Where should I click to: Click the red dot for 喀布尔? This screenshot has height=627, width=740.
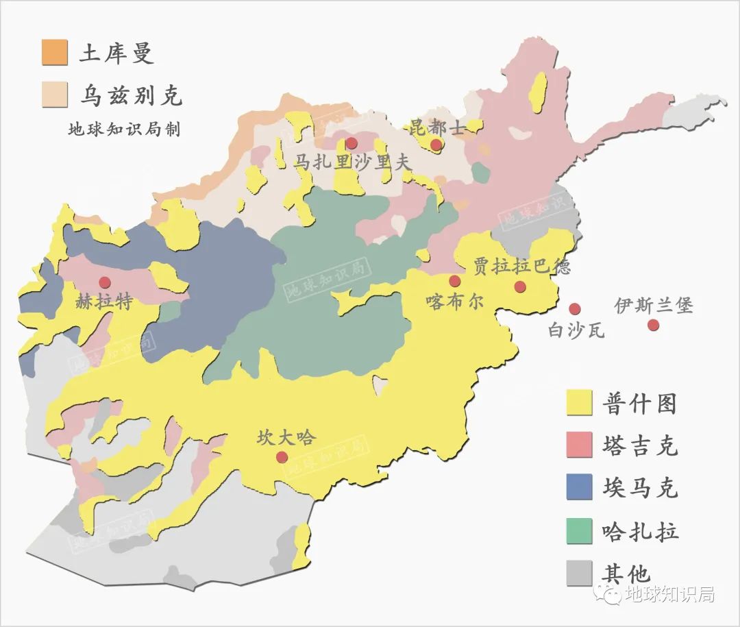[454, 281]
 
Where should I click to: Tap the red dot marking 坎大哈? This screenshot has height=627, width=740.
[282, 457]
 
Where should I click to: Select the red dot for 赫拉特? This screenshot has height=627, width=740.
[105, 282]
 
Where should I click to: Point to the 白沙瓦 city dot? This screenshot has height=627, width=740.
[575, 309]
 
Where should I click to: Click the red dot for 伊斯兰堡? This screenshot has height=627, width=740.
[653, 325]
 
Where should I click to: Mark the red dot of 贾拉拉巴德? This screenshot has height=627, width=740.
[520, 286]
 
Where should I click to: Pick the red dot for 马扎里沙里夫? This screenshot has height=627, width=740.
[351, 143]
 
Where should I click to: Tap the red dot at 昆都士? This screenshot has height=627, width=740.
[436, 144]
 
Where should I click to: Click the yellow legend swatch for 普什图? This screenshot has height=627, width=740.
[579, 402]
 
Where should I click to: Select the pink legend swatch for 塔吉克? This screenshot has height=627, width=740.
[579, 445]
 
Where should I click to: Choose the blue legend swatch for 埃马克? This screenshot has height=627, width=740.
[579, 487]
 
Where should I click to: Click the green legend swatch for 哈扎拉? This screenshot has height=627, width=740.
[579, 531]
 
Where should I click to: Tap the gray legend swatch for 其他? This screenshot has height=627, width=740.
[579, 574]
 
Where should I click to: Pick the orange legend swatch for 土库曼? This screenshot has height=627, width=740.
[55, 53]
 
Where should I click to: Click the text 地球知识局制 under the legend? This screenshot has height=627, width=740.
[124, 129]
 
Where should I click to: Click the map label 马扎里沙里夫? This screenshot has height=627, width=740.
[353, 162]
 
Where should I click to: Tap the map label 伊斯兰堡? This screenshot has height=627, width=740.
[653, 305]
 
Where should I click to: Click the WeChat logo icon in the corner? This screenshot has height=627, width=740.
[608, 593]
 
